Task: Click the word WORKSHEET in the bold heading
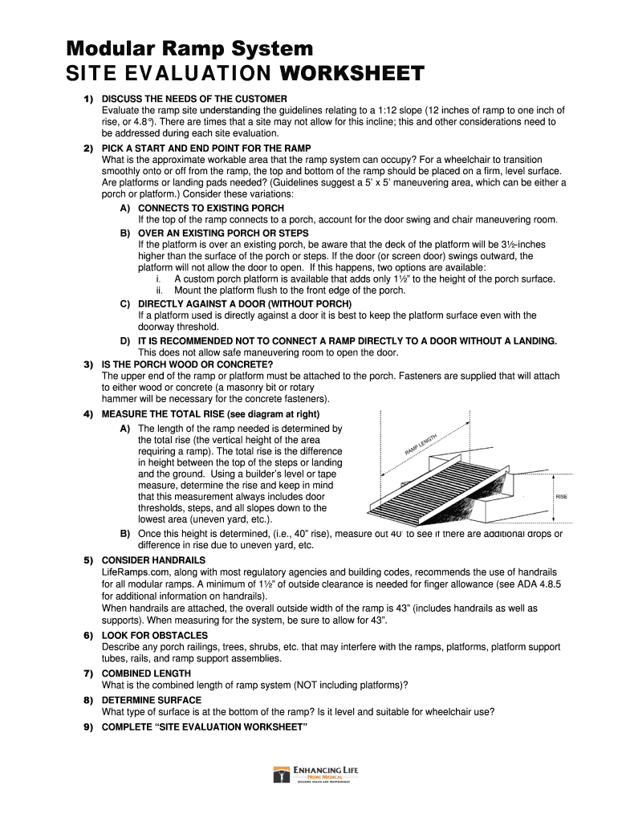[351, 75]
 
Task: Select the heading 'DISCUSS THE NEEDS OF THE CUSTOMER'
[193, 99]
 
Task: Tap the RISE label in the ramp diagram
[561, 497]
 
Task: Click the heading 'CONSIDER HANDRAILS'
[153, 560]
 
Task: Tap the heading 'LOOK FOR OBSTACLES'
[154, 635]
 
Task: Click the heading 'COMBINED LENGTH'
[146, 673]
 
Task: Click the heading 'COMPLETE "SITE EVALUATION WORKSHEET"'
[204, 727]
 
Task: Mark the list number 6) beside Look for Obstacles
[88, 635]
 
